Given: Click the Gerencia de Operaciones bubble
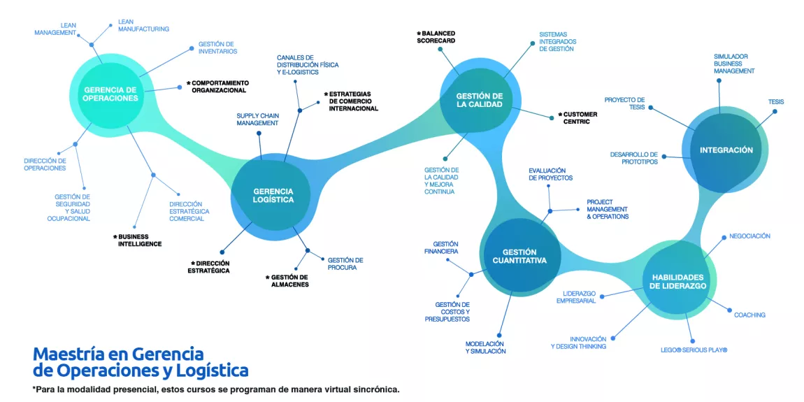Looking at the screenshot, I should point(111,94).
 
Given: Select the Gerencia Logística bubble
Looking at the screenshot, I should point(273,195).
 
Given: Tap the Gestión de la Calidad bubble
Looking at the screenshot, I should point(480,101).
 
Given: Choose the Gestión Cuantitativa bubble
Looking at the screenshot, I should point(519,256).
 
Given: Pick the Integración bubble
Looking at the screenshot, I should point(726,150).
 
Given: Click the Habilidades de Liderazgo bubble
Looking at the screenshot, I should point(677,281).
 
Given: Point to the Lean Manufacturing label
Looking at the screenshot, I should point(143,25).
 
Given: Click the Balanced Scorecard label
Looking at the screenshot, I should point(438,37).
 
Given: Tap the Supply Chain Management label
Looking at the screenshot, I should point(257,119).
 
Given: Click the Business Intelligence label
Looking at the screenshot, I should point(140,240).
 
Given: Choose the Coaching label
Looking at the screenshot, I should point(749,315).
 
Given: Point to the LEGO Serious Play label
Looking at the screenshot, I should point(694,350).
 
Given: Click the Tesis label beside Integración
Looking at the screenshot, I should point(776,102).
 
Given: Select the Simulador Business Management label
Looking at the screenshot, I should point(734,64).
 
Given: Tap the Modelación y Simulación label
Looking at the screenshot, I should point(485,347).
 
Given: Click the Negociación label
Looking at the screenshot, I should point(749,236).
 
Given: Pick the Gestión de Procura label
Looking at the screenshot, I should point(345,264).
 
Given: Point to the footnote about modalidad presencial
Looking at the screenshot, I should point(216,389).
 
